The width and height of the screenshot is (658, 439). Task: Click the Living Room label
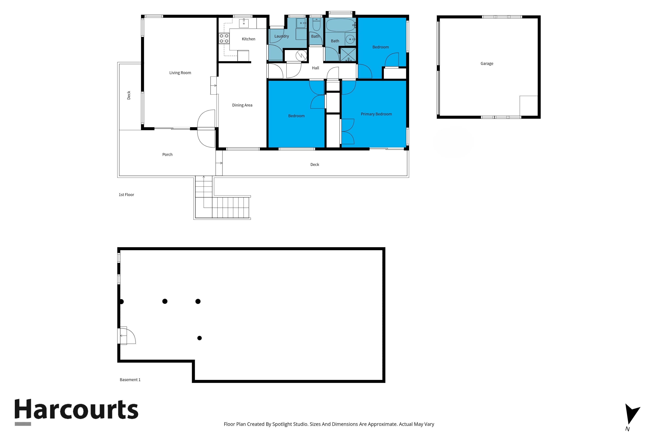click(180, 73)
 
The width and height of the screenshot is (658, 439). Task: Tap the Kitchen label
click(248, 39)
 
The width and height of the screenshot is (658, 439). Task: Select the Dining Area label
click(242, 105)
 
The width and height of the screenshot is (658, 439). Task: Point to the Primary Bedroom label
click(376, 114)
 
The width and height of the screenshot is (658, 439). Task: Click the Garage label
click(487, 64)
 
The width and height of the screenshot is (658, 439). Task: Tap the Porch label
click(167, 155)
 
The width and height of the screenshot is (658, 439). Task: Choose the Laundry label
click(281, 36)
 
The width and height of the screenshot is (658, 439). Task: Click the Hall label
click(316, 68)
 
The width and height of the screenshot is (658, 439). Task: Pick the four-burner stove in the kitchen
click(224, 38)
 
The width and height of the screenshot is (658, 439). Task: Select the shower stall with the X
click(348, 55)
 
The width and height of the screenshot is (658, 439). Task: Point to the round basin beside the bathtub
click(350, 39)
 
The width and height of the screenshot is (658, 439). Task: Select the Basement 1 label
click(130, 380)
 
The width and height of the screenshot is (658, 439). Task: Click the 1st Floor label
click(127, 195)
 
